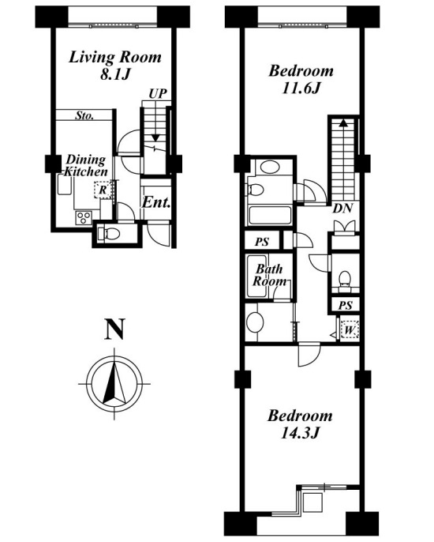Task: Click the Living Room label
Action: tap(115, 58)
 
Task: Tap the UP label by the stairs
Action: tap(158, 94)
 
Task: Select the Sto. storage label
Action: tap(84, 115)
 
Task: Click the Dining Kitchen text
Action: tap(86, 166)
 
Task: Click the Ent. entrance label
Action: tap(156, 202)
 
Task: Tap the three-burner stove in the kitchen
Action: tap(83, 218)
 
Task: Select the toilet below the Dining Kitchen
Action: tap(109, 234)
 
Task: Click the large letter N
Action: tap(114, 329)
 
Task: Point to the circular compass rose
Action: tap(114, 384)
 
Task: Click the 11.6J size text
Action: tap(301, 88)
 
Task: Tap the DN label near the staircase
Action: tap(342, 209)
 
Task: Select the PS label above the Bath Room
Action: tap(262, 242)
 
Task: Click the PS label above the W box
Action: tap(346, 305)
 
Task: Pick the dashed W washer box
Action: tap(350, 330)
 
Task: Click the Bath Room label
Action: tap(270, 275)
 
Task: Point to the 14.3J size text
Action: tap(299, 433)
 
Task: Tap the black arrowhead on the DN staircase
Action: tap(343, 123)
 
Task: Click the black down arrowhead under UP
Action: tap(156, 138)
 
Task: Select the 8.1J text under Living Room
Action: tap(115, 74)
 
